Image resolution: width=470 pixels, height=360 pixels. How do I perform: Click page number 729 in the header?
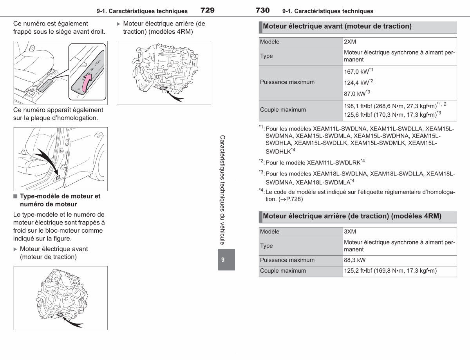[x=208, y=10]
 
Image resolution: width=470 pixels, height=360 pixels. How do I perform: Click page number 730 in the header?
[x=262, y=10]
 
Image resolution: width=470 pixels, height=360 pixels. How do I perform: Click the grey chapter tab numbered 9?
[x=226, y=259]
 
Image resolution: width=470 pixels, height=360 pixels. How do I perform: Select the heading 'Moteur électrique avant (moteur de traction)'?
[x=337, y=26]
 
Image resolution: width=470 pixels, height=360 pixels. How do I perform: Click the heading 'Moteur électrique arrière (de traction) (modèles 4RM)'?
[x=352, y=216]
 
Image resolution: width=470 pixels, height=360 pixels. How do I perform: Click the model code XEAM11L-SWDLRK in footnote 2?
[x=334, y=163]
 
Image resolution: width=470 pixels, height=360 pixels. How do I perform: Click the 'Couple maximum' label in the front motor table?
[x=283, y=110]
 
